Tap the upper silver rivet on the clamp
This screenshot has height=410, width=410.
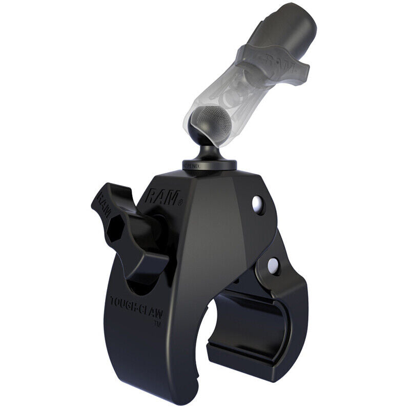(256, 204)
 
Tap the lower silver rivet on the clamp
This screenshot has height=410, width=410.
(273, 264)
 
